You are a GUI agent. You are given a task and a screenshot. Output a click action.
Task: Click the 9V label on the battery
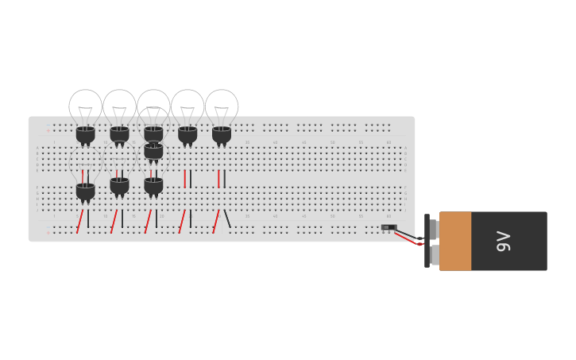click(x=503, y=241)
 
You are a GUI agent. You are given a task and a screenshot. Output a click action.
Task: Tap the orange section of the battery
click(x=455, y=241)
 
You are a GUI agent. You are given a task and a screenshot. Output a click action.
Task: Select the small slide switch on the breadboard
click(x=388, y=227)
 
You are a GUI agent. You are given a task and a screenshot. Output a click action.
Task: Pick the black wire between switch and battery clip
click(x=406, y=234)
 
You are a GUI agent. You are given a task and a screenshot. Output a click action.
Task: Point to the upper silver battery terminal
click(x=434, y=229)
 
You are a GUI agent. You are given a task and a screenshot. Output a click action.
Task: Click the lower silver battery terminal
click(x=434, y=255)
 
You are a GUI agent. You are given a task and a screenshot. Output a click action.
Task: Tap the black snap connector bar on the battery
click(x=427, y=241)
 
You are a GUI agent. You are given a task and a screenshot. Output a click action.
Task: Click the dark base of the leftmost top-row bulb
click(x=85, y=134)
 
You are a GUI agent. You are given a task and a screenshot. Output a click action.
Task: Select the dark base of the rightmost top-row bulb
click(x=222, y=134)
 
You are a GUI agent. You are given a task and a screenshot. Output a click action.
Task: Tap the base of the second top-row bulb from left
click(x=119, y=134)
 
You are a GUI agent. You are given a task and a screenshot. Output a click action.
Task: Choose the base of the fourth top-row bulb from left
click(x=187, y=134)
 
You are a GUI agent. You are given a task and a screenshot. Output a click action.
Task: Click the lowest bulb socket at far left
click(x=85, y=191)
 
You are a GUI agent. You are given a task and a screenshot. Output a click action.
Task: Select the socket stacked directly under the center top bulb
click(x=153, y=151)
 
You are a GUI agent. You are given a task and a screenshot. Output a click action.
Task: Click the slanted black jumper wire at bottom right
click(x=227, y=219)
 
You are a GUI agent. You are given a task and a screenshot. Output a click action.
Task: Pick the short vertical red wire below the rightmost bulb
click(x=218, y=178)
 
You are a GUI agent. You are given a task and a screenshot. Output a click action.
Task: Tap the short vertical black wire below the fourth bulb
click(x=191, y=178)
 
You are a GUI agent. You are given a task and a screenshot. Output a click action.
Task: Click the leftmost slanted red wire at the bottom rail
click(x=79, y=221)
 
